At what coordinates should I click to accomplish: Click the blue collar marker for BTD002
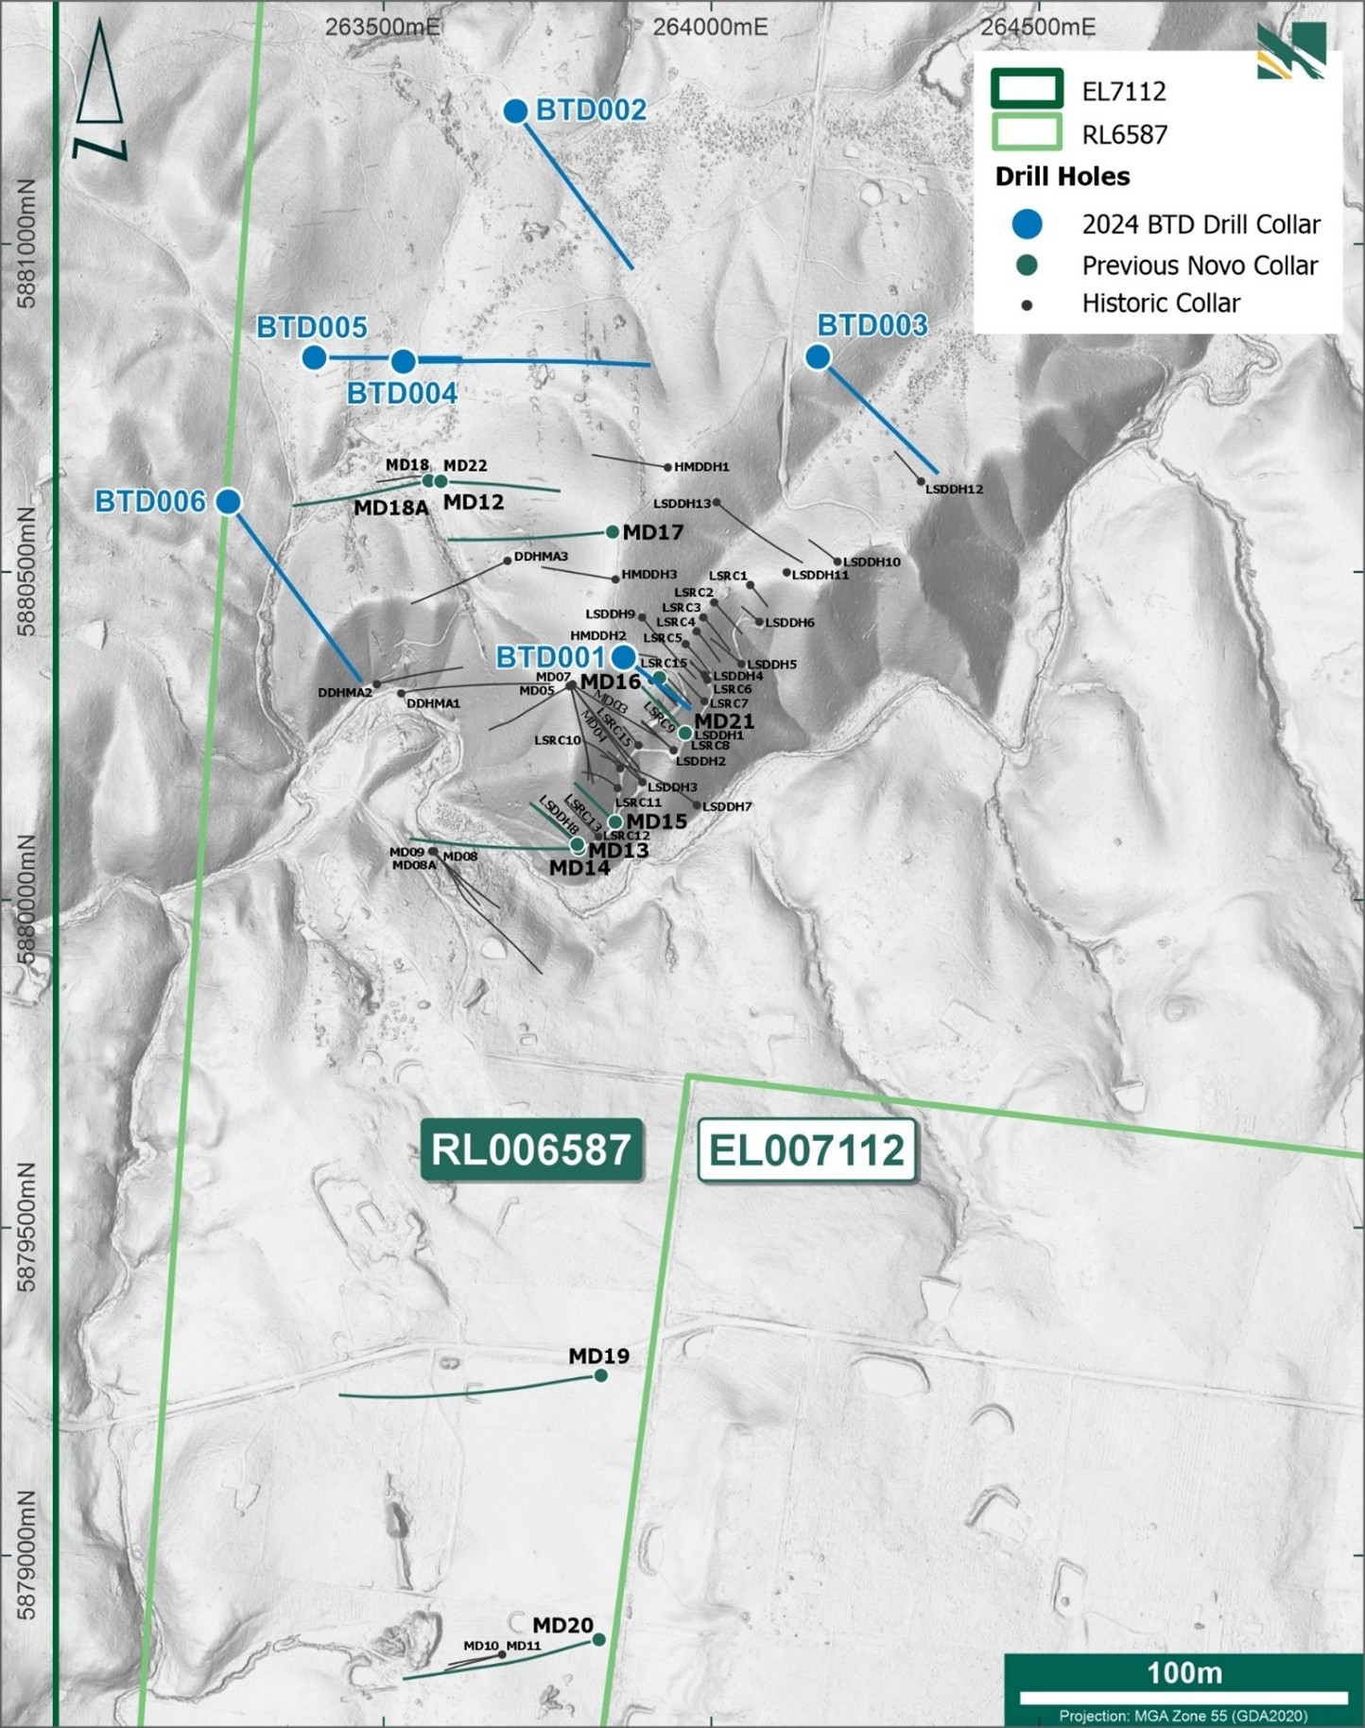coord(515,112)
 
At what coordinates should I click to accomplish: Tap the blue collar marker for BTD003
coord(818,357)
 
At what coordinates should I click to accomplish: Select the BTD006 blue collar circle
coord(228,501)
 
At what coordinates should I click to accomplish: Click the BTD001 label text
coord(549,657)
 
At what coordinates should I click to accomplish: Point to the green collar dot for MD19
coord(600,1375)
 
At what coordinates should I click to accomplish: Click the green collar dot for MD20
coord(598,1639)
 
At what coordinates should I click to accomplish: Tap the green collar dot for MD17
coord(613,532)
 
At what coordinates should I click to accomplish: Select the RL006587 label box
coord(530,1150)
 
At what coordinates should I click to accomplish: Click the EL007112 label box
coord(806,1150)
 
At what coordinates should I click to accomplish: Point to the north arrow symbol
coord(99,90)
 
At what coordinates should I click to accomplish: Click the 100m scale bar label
coord(1184,1673)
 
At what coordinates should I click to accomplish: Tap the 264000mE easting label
coord(710,26)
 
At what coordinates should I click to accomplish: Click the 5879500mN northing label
coord(26,1227)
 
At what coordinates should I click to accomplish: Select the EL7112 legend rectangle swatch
coord(1027,90)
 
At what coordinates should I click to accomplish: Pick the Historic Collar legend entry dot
coord(1027,304)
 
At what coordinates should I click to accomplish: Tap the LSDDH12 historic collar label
coord(954,490)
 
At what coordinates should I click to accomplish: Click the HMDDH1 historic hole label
coord(701,467)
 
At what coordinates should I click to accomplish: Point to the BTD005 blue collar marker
coord(315,357)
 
